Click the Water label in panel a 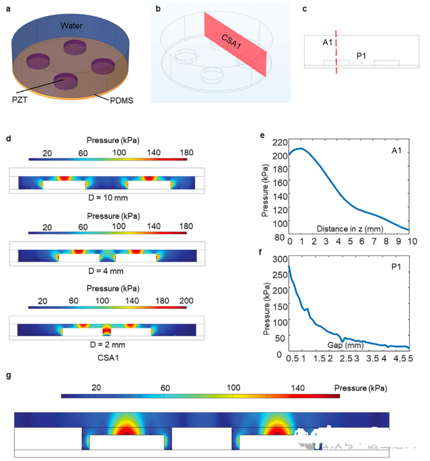[72, 26]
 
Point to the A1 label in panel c [328, 42]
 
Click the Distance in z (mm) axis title [350, 229]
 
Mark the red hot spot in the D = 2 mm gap [106, 332]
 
